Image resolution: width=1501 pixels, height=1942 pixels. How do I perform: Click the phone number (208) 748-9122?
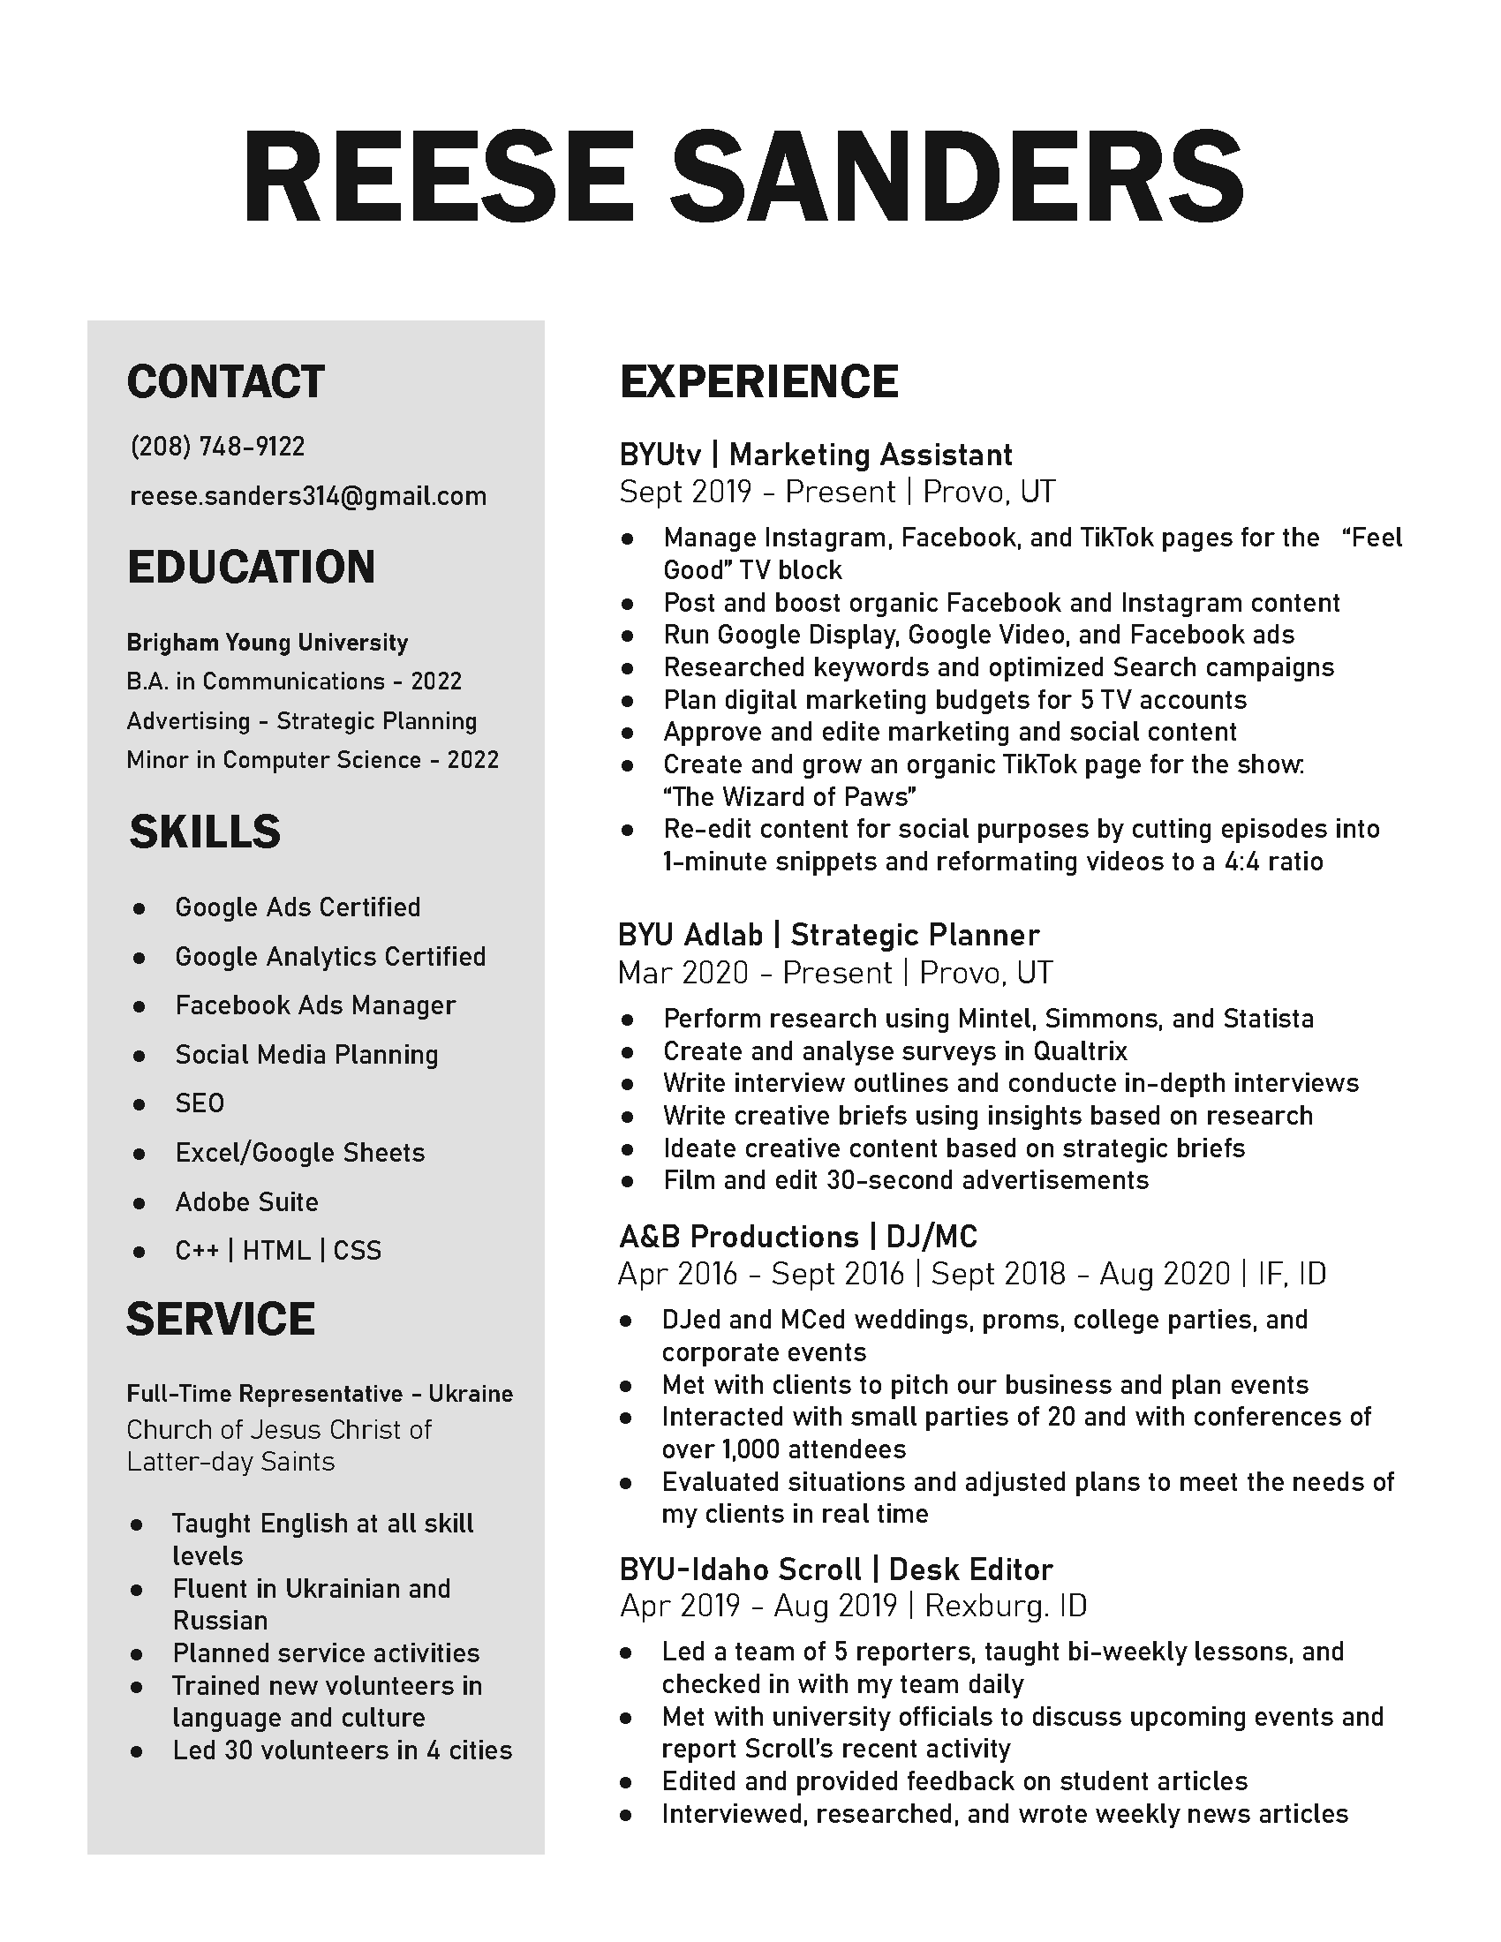click(217, 447)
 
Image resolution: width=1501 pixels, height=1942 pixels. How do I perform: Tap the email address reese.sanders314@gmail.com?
click(307, 496)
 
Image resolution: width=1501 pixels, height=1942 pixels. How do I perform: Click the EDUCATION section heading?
click(251, 568)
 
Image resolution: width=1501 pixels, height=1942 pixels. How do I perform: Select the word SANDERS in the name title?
click(957, 177)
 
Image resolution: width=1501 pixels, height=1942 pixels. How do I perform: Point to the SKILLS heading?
click(205, 832)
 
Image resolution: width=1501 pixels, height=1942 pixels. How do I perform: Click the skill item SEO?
click(200, 1103)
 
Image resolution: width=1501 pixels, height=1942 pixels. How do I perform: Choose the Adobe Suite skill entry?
click(246, 1202)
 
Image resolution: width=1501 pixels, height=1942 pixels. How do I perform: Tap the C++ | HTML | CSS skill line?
click(277, 1251)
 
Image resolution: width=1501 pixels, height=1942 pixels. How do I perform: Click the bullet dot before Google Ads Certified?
click(139, 908)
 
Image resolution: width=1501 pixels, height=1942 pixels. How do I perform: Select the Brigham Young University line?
click(267, 643)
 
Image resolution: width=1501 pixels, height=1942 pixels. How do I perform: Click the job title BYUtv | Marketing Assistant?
click(816, 455)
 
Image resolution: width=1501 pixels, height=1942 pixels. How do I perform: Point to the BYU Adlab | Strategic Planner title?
click(828, 936)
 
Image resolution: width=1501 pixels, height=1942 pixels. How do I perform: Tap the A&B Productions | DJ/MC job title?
click(797, 1237)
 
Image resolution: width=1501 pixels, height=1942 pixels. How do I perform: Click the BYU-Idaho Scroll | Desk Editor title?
click(836, 1569)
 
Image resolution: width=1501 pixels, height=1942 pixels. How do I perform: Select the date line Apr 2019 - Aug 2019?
click(758, 1606)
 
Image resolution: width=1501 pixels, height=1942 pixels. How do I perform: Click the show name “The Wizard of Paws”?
click(789, 797)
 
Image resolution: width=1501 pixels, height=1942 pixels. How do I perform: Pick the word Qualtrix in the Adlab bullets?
click(1080, 1052)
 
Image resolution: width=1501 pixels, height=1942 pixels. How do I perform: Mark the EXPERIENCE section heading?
click(758, 381)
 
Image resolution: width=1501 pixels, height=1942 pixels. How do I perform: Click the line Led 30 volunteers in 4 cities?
click(343, 1750)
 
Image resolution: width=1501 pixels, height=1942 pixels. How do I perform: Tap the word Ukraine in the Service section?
click(471, 1393)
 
